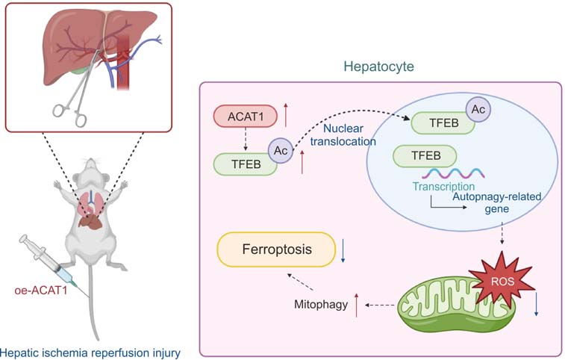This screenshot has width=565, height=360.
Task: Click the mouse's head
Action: click(91, 171)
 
